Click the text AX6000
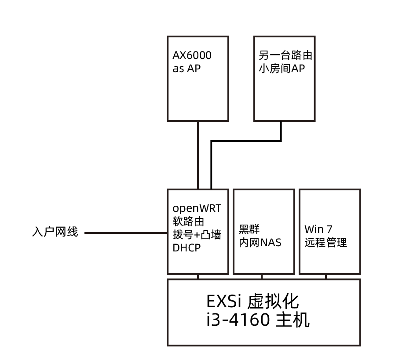pos(192,56)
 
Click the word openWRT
pos(197,207)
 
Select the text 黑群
pos(249,229)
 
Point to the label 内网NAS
pos(260,242)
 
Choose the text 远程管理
pos(326,243)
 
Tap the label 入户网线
pos(55,232)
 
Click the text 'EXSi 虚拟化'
pos(252,302)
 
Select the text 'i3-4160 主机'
pos(258,320)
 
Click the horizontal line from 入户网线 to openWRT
pos(125,233)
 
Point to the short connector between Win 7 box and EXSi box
pos(326,276)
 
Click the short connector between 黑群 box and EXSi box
pos(262,276)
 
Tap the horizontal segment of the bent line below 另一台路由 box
pos(246,141)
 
